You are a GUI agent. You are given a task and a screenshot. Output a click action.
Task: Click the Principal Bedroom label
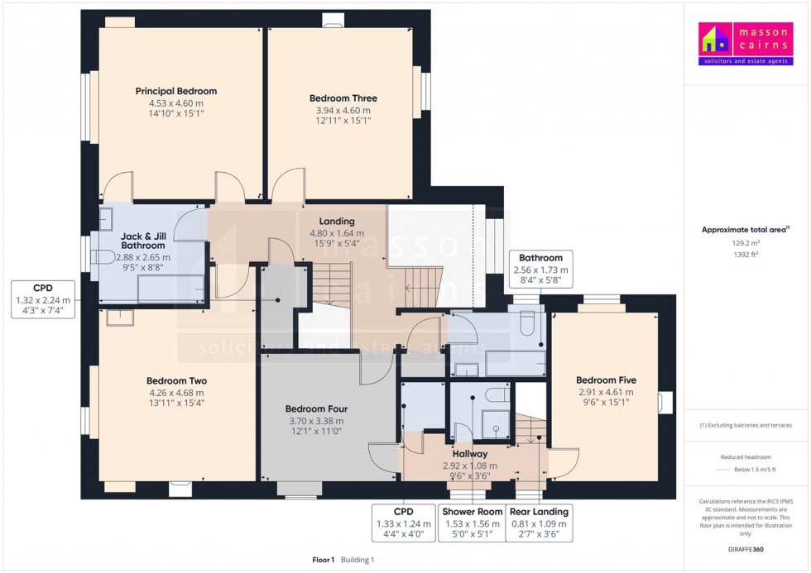click(x=175, y=91)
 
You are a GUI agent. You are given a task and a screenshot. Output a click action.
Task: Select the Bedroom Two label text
click(x=176, y=381)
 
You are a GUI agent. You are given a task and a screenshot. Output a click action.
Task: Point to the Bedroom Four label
click(x=316, y=408)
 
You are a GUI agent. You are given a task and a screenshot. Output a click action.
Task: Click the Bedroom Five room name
click(x=606, y=380)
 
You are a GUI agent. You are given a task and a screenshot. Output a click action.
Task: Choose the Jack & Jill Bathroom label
click(x=143, y=240)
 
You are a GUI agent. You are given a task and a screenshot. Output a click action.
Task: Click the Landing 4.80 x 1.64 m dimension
click(x=337, y=232)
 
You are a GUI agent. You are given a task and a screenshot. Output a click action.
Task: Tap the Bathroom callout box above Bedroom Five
click(x=540, y=269)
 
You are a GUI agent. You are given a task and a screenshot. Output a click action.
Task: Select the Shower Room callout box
click(x=472, y=523)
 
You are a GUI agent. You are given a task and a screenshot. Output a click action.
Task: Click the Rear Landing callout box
click(x=539, y=523)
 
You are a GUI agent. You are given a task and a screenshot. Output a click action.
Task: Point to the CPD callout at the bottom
click(x=404, y=523)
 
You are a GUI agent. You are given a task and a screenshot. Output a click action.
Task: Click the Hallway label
click(x=469, y=454)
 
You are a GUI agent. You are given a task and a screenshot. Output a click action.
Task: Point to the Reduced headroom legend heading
click(x=746, y=456)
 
